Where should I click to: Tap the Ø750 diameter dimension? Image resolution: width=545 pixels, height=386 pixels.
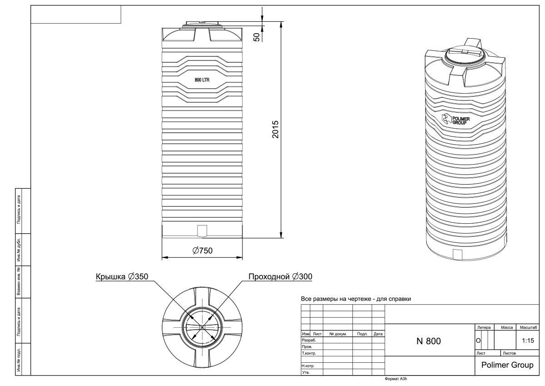[203, 251]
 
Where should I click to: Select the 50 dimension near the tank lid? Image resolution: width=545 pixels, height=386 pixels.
[257, 37]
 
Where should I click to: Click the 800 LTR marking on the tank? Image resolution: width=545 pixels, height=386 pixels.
[202, 80]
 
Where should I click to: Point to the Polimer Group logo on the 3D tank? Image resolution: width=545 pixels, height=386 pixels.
[456, 120]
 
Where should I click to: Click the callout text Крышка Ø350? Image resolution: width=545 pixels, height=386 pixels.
[122, 277]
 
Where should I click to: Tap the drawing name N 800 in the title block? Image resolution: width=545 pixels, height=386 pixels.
[428, 341]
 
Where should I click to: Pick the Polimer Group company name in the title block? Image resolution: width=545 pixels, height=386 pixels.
[507, 366]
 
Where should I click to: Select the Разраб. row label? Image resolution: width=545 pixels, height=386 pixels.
[308, 340]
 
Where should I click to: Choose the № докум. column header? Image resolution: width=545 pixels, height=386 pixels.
[337, 334]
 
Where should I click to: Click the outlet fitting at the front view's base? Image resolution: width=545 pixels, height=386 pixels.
[202, 231]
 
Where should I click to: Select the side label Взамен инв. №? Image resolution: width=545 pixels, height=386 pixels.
[19, 282]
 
